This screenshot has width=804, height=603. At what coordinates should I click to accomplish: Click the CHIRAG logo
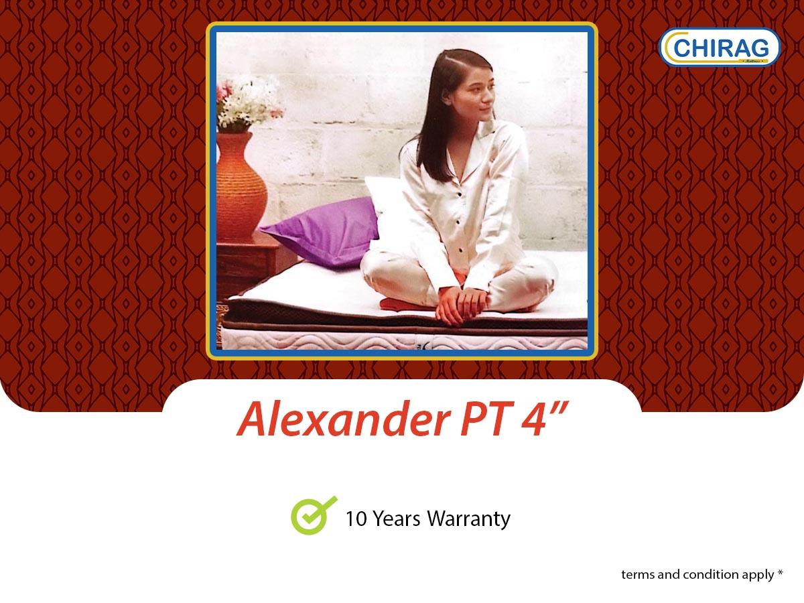tap(720, 47)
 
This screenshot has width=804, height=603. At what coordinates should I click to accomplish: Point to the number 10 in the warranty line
tap(354, 519)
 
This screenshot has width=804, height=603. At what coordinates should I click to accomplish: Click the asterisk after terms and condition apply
tap(780, 574)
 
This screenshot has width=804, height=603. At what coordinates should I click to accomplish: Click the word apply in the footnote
tap(757, 575)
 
